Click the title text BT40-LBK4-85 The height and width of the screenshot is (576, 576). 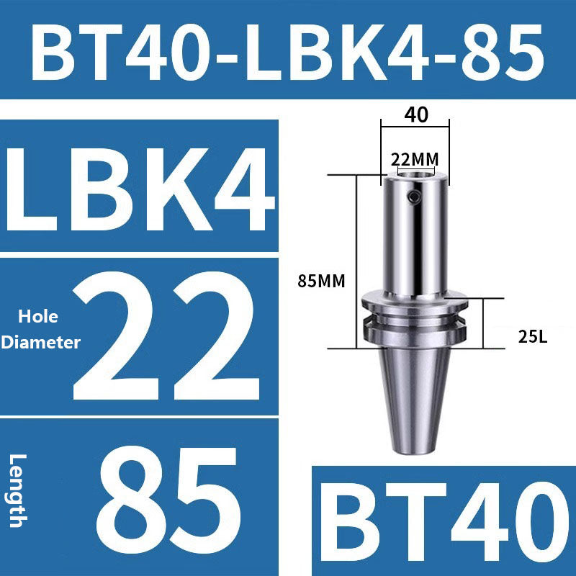(x=288, y=50)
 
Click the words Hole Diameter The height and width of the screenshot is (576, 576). (x=40, y=330)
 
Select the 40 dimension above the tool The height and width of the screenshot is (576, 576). (x=415, y=114)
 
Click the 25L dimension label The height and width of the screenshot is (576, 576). (x=533, y=336)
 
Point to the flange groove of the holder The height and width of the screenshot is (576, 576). (x=415, y=320)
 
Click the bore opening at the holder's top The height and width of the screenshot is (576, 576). (x=415, y=174)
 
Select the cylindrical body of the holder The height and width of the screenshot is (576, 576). (x=415, y=238)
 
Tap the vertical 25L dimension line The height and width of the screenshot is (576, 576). (x=484, y=323)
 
